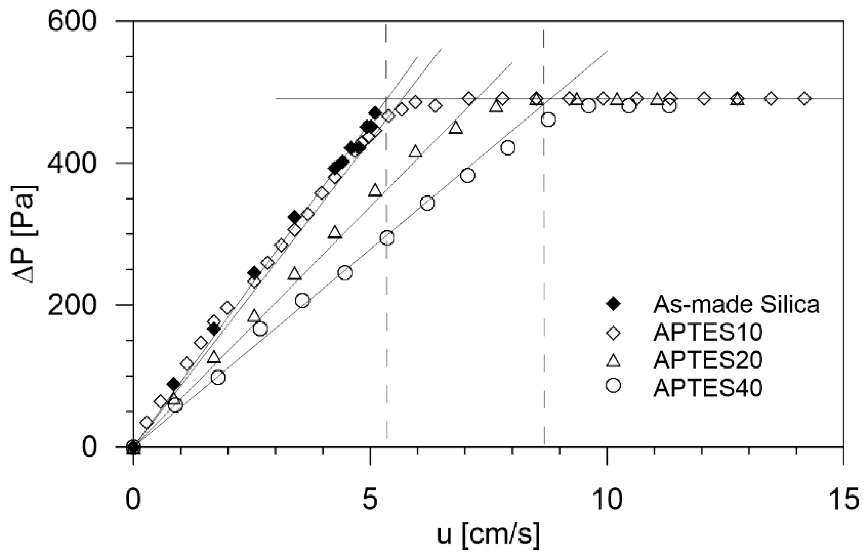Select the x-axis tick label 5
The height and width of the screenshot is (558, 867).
[x=370, y=500]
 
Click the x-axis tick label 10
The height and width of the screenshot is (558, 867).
[x=606, y=500]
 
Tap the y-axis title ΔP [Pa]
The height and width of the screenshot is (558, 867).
[x=25, y=234]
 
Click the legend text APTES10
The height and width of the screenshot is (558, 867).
[x=708, y=332]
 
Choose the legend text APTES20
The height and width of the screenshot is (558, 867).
[x=708, y=360]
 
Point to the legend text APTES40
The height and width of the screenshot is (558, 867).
[x=708, y=388]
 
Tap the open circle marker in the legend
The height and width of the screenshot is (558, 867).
[x=614, y=386]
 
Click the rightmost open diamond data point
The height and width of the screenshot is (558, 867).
[x=804, y=99]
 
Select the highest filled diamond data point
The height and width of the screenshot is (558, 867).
[x=375, y=113]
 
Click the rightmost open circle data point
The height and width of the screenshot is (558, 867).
[x=669, y=106]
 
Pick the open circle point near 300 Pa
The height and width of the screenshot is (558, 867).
[x=387, y=238]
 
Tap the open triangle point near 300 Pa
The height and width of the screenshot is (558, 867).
[x=335, y=233]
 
